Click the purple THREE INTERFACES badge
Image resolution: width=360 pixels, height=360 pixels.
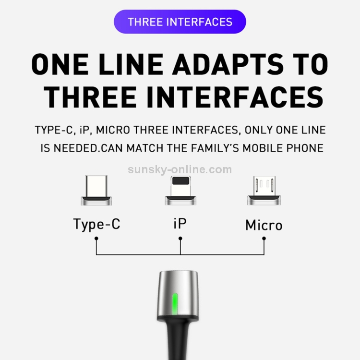(x=180, y=22)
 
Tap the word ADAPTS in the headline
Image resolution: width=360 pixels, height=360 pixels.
(x=228, y=64)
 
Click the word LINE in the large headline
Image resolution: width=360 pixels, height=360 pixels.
(x=131, y=64)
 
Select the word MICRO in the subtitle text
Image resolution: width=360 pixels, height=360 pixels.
(x=113, y=130)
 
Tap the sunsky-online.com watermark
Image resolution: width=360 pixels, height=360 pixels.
(x=180, y=169)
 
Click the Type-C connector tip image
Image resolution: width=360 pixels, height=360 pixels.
(x=96, y=191)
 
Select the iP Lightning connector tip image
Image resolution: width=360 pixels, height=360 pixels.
(x=180, y=191)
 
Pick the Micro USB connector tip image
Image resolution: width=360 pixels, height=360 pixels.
(x=264, y=191)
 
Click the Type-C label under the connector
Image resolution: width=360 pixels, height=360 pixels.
(x=96, y=224)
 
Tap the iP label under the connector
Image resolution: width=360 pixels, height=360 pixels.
(x=180, y=224)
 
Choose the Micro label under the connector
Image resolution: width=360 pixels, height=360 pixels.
(x=264, y=225)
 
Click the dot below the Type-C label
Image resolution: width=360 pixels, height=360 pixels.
(x=96, y=239)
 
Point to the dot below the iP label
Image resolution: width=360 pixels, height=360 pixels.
(x=180, y=239)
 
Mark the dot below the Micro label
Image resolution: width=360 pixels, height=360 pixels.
(x=264, y=239)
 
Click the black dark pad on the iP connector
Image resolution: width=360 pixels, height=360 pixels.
(x=181, y=180)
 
